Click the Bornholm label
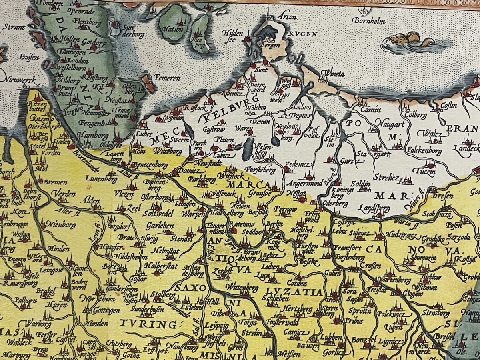368,20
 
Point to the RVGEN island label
296,34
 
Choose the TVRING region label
149,324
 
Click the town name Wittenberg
242,287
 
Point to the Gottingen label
106,310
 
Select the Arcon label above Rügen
288,17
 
